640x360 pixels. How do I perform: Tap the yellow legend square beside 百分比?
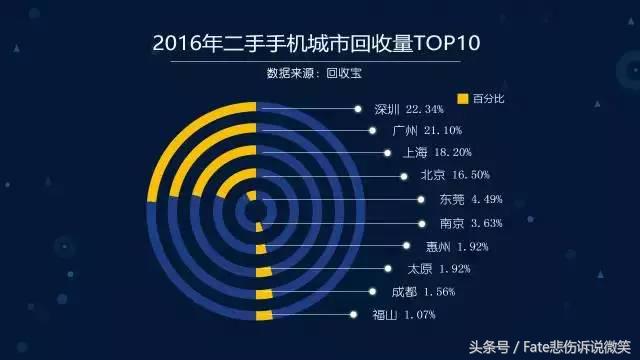[x=462, y=98]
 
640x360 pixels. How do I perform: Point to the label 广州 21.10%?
[x=419, y=131]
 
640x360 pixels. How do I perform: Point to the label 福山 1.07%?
[x=404, y=315]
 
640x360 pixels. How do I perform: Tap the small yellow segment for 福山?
[x=263, y=315]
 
